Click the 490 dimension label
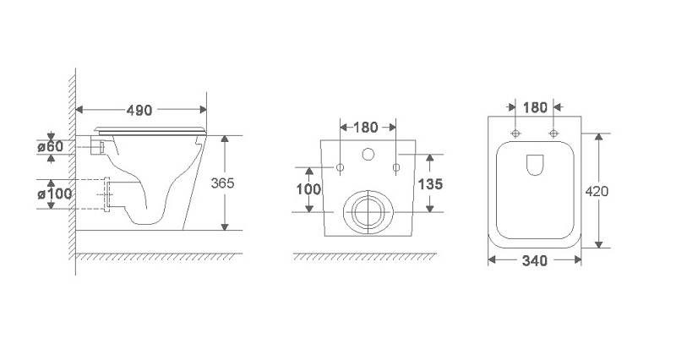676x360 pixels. point(139,111)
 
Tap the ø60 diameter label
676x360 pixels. point(50,146)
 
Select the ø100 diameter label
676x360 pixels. point(54,194)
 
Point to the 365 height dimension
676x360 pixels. point(222,183)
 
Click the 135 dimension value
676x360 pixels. point(430,184)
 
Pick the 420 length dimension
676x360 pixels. point(597,191)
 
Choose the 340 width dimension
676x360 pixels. point(535,261)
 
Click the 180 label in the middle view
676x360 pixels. point(366,128)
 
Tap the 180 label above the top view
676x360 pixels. point(535,107)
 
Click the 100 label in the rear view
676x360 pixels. point(308,189)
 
